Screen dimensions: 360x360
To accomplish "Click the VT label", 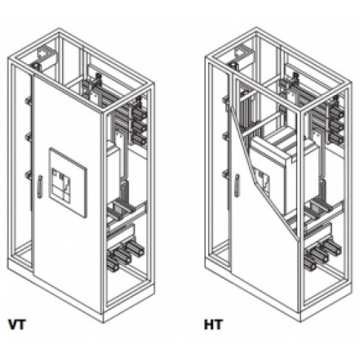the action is (17, 324).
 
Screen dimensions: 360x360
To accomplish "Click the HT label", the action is (213, 324).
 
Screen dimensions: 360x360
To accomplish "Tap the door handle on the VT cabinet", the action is (40, 186).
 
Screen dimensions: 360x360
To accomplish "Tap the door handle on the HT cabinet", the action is (237, 186).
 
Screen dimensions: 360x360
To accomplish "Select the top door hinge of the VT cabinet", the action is (29, 101).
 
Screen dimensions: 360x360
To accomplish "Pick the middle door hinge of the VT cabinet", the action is (29, 138).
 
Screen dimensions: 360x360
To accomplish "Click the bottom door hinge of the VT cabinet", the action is (29, 175).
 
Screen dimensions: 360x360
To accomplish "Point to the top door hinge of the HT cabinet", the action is (225, 99).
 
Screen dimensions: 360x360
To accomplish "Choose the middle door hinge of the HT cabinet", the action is (225, 136).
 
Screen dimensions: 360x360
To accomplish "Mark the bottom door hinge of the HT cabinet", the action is (225, 174).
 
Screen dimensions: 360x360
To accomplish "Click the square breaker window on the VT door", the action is (68, 183).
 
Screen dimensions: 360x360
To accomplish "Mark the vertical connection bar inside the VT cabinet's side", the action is (124, 166).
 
